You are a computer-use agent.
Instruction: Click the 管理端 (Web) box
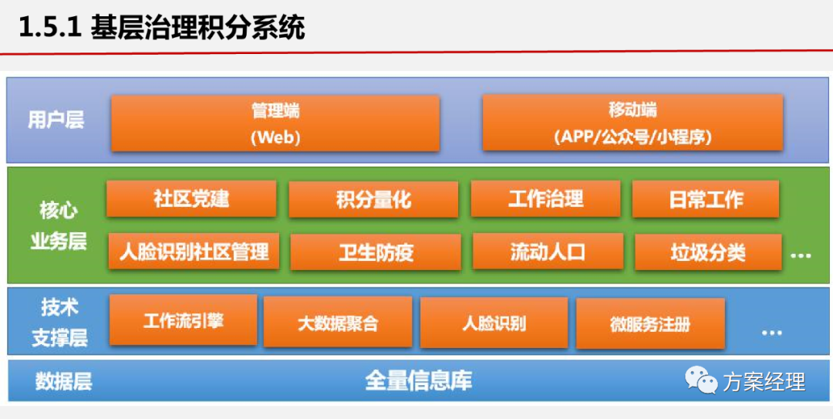point(275,123)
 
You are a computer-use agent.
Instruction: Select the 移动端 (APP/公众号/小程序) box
point(632,123)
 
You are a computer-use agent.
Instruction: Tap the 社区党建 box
point(191,199)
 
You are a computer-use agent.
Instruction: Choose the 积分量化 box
point(373,200)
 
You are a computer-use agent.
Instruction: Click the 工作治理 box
point(545,199)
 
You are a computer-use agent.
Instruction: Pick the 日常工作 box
point(706,200)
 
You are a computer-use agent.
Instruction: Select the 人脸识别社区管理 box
point(194,252)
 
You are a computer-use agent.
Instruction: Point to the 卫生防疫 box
point(376,252)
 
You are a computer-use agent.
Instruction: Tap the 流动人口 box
point(548,252)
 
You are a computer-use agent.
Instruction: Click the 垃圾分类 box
point(707,252)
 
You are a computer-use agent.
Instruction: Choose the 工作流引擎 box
point(184,319)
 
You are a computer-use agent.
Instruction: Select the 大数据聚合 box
point(338,323)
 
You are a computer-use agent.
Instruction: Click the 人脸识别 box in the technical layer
point(494,323)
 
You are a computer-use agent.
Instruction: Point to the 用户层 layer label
point(56,120)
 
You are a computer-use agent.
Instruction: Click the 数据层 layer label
point(63,381)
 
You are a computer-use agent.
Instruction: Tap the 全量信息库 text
point(418,380)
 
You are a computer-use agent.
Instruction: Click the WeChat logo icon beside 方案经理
point(702,380)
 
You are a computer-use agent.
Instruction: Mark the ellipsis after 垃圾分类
point(801,255)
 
